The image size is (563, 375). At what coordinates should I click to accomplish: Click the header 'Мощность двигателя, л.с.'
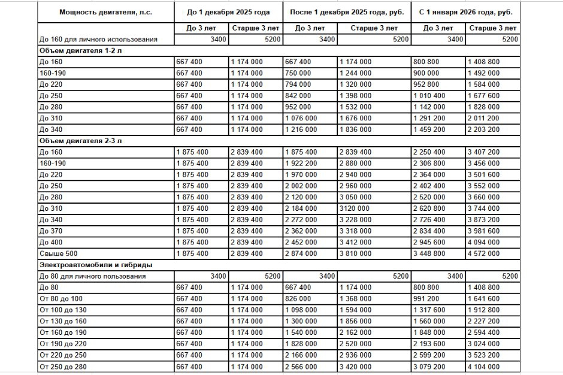(x=105, y=12)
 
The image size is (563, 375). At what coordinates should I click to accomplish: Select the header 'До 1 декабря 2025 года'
(x=229, y=12)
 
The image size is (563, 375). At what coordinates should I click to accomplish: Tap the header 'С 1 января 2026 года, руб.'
(x=465, y=12)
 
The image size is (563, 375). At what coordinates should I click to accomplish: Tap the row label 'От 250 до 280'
(x=63, y=367)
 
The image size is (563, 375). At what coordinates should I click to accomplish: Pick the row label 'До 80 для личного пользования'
(x=92, y=276)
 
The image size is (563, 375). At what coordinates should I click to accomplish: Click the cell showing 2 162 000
(x=356, y=332)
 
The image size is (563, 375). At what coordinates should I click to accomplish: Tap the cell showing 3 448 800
(x=429, y=253)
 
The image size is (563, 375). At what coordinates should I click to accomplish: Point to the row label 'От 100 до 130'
(x=63, y=310)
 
